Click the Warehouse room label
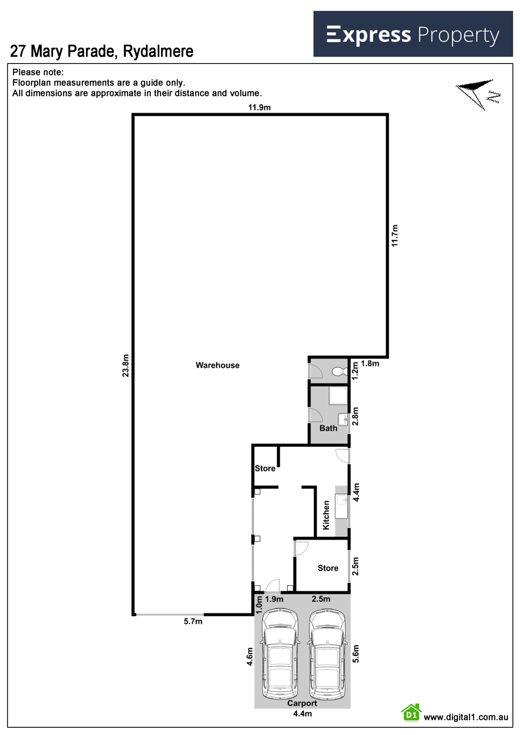(x=217, y=365)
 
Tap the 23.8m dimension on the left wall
(x=125, y=365)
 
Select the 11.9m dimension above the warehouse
(x=259, y=107)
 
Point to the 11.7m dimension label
(x=395, y=236)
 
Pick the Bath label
(x=328, y=428)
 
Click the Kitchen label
(x=326, y=515)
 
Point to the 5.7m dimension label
(x=193, y=621)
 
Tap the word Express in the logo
(x=369, y=35)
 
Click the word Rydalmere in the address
(x=158, y=51)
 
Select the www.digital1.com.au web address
(x=466, y=717)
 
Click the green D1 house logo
(x=411, y=713)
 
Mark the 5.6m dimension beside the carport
(x=355, y=654)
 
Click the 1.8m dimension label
(x=370, y=364)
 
